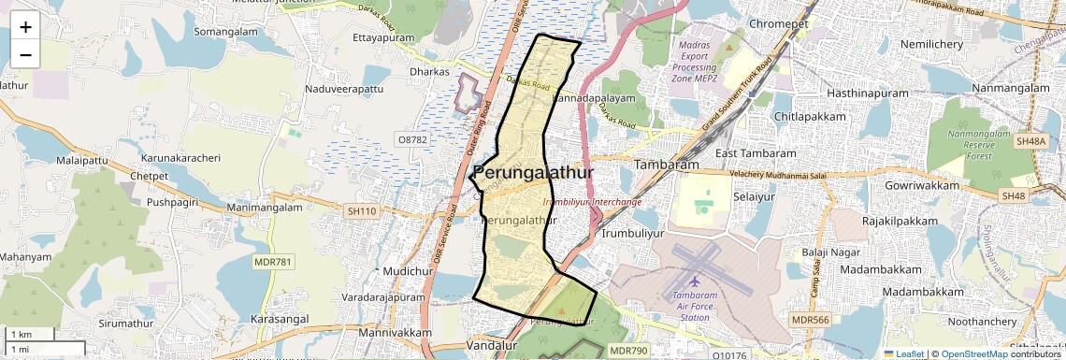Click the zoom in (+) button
(25, 27)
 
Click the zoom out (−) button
(25, 55)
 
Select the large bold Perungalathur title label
(533, 174)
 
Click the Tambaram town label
(667, 165)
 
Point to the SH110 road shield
(362, 211)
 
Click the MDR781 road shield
(273, 261)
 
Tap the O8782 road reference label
(411, 139)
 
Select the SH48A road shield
(1030, 141)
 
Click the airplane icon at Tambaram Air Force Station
(694, 281)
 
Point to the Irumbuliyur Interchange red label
(592, 202)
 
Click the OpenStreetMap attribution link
(974, 354)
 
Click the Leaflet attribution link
(903, 354)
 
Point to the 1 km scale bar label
(21, 335)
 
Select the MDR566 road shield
(810, 320)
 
